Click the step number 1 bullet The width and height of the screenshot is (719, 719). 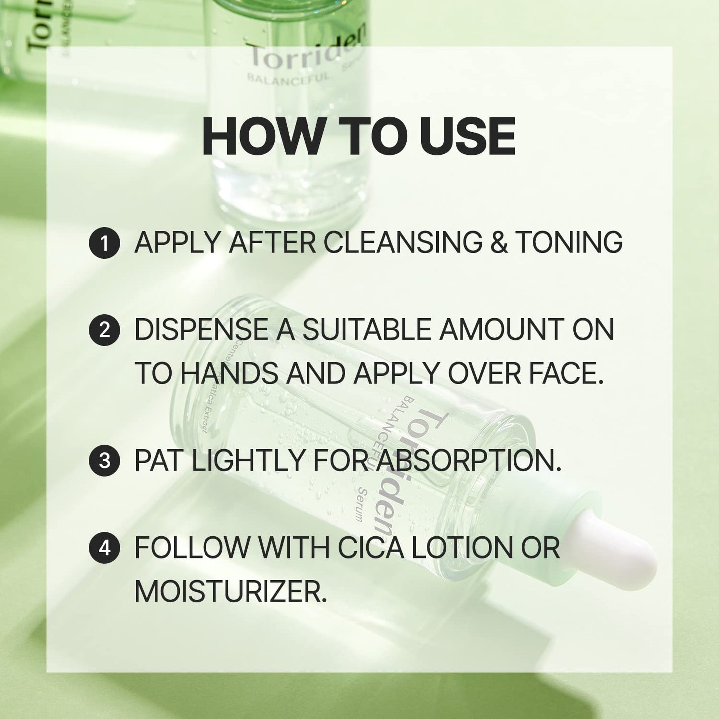(x=104, y=244)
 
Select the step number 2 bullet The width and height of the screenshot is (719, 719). (x=104, y=330)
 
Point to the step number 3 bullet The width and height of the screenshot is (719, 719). (x=104, y=461)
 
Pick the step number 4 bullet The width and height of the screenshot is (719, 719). (x=104, y=548)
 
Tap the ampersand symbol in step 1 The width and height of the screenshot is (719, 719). (x=499, y=243)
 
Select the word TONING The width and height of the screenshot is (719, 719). (x=569, y=243)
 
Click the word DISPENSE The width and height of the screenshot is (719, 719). (x=202, y=330)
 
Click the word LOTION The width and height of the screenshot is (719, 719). (x=461, y=548)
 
